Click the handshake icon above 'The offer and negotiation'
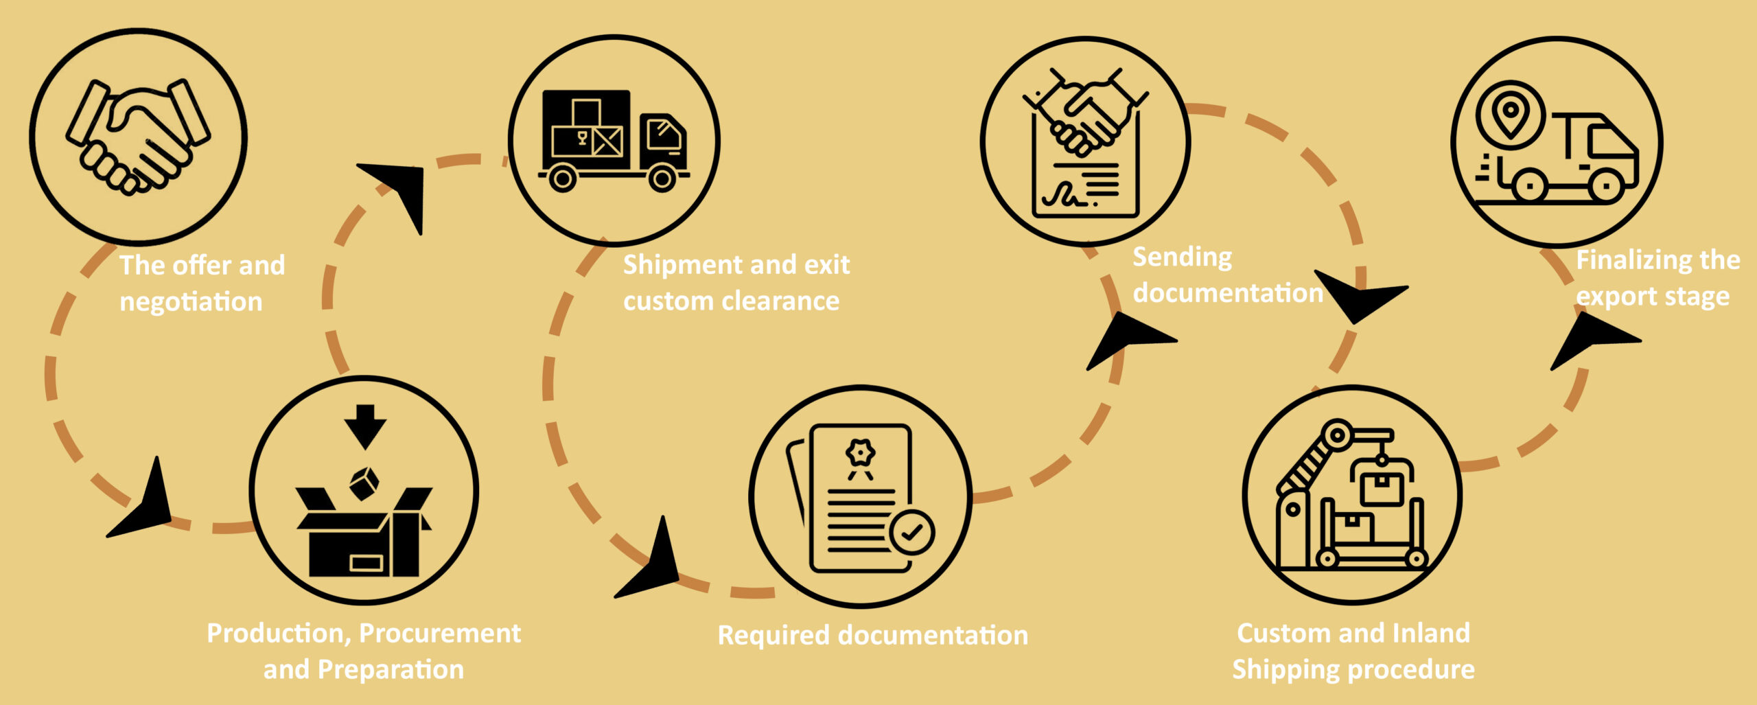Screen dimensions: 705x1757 137,137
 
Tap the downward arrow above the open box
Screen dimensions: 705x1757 365,426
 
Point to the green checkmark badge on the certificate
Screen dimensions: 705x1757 911,532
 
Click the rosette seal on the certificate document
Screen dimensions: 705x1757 860,454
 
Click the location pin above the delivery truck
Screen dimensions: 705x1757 1510,113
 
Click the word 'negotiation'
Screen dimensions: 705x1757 191,302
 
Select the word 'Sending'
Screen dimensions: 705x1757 1182,257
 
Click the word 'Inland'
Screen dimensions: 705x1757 1431,633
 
